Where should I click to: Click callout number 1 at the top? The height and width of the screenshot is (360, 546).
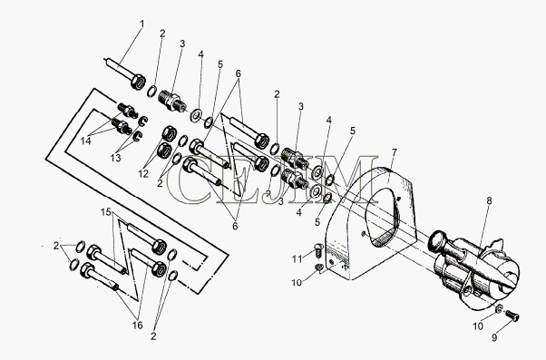coord(142,24)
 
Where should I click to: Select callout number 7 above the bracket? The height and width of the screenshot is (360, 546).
coord(395,152)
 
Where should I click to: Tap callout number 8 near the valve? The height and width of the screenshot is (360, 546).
coord(489,200)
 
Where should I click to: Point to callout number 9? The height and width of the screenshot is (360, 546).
coord(494,337)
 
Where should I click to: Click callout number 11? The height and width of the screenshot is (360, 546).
coord(297,259)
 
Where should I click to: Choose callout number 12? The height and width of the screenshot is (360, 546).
coord(143,174)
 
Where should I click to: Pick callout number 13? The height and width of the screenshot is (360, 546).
coord(115,158)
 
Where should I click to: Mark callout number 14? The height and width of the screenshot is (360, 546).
coord(85,141)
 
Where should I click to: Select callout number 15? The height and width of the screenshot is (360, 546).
coord(106,211)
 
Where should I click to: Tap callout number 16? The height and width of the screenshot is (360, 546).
coord(138,326)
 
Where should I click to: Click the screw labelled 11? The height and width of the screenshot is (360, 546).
coord(319,250)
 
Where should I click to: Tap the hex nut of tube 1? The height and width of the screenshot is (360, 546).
coord(137,82)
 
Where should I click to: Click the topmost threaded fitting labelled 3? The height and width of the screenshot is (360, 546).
coord(172,101)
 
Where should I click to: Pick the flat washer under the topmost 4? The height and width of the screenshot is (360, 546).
coord(196,115)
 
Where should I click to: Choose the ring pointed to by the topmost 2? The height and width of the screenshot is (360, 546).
coord(151,92)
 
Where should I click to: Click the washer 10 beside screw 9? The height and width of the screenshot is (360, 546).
coord(499,308)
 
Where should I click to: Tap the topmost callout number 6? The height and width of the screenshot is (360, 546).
coord(239,73)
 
